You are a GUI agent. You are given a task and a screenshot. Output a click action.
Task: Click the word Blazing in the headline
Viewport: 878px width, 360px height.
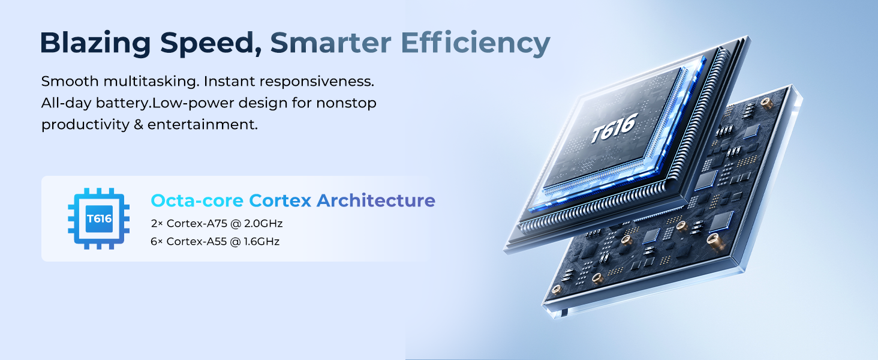(x=95, y=44)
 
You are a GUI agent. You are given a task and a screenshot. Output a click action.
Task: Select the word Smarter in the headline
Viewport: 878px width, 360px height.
(x=330, y=43)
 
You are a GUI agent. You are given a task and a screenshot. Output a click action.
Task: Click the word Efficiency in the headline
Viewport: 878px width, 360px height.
(x=476, y=44)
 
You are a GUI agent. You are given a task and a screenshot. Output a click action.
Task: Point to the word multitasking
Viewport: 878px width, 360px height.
(x=152, y=82)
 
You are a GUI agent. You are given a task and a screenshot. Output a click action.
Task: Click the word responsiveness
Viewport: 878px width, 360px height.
(x=317, y=82)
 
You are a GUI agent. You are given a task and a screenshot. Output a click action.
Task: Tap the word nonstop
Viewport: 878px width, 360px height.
(x=346, y=104)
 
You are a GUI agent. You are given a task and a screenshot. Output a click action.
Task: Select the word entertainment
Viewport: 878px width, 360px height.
(x=203, y=125)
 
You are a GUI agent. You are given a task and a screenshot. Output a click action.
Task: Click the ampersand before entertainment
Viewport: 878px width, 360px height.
(x=139, y=125)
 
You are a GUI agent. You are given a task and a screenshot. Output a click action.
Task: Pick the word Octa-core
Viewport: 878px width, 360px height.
(x=197, y=200)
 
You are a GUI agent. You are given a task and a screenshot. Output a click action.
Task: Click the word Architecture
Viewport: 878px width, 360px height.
(x=376, y=200)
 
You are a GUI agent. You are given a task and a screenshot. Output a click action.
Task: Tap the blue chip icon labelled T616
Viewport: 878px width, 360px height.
(x=99, y=218)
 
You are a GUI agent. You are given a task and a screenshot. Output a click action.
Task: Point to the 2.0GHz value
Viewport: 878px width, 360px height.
(x=263, y=224)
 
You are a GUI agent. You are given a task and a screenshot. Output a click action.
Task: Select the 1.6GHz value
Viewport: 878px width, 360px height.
(x=261, y=242)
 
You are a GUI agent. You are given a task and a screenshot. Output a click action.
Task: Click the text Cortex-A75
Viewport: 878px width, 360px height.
(x=197, y=224)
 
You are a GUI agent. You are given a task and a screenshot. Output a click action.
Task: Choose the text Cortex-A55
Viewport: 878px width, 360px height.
(x=196, y=242)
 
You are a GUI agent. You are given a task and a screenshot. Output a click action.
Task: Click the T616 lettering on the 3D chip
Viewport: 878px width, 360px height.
(x=614, y=128)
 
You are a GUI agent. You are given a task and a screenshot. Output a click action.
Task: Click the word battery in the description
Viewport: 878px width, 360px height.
(x=124, y=103)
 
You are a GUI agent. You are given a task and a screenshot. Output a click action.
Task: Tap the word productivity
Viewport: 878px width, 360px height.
(x=85, y=125)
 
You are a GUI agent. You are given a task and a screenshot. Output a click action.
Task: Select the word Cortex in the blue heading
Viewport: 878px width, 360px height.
(x=280, y=200)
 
